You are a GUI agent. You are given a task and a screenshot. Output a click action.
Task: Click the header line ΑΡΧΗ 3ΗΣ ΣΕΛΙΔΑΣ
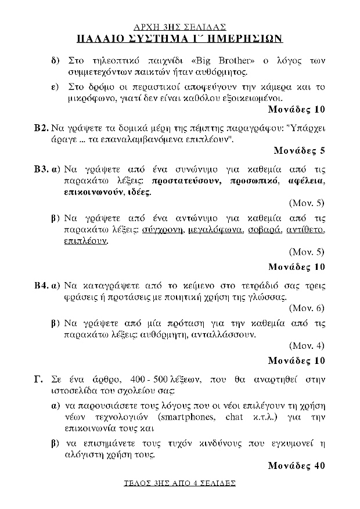(x=179, y=27)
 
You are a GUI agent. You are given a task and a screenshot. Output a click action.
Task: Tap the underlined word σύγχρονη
(x=163, y=229)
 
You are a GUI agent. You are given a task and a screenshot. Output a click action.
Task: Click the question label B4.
(x=41, y=286)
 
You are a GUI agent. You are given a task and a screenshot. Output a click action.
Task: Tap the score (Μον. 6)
(x=306, y=308)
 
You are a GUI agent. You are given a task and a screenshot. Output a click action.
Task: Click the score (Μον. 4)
(x=306, y=346)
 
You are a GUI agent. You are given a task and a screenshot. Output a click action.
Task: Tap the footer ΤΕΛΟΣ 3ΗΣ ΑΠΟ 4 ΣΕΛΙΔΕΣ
(x=180, y=483)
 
